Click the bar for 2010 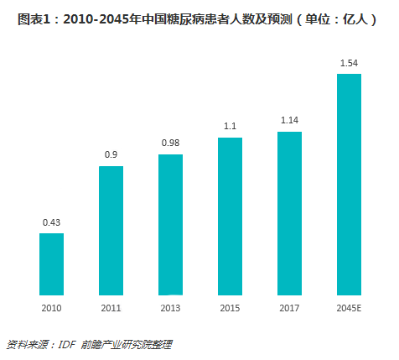pos(52,263)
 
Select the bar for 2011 pos(111,231)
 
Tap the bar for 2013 pos(171,225)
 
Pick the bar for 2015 pos(230,216)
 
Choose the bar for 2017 pos(289,213)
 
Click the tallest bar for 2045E pos(349,185)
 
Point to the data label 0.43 pos(52,222)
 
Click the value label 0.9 pos(111,155)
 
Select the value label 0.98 pos(171,143)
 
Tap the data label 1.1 pos(230,126)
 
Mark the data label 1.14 pos(289,120)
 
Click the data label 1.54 pos(349,63)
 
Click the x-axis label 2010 pos(52,308)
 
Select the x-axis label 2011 pos(111,308)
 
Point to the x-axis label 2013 pos(171,308)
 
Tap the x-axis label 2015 pos(230,308)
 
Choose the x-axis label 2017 pos(289,308)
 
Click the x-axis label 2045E pos(349,308)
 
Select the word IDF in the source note pos(70,344)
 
